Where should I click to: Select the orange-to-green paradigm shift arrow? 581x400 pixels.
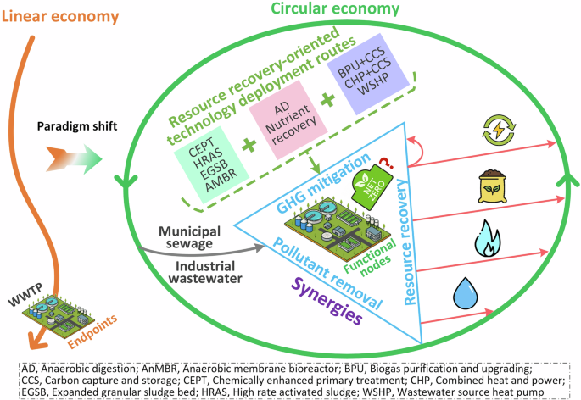pyautogui.click(x=73, y=158)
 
